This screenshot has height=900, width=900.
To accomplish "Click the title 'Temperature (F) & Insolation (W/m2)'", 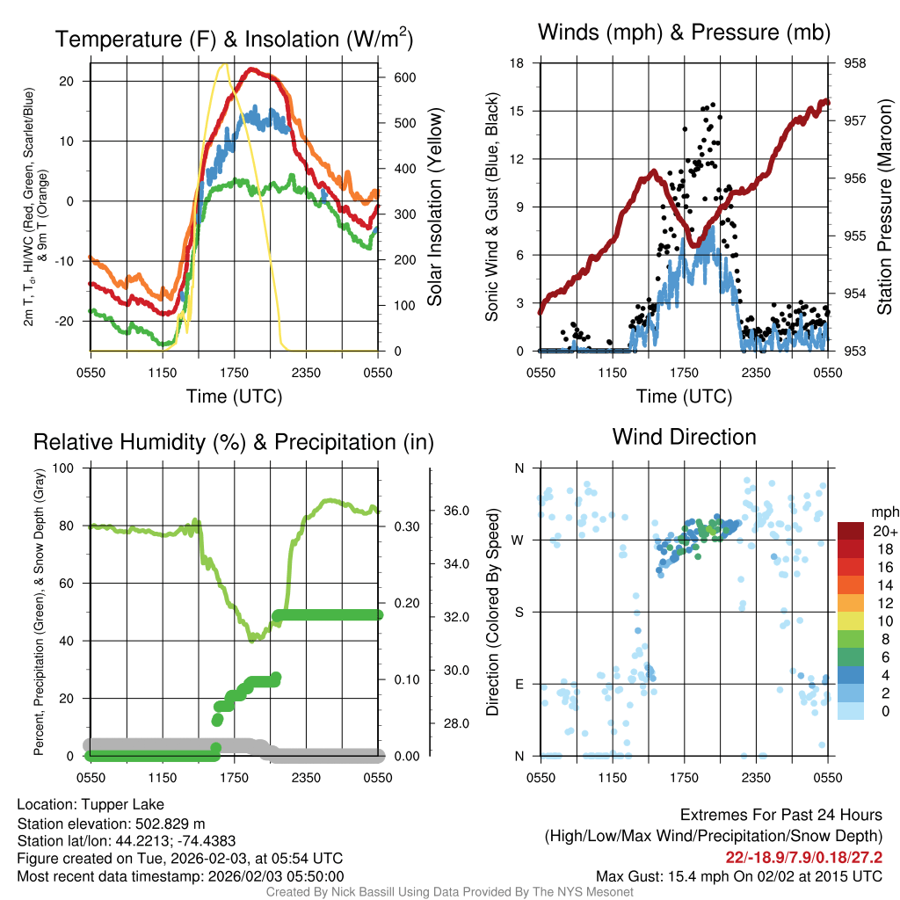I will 234,39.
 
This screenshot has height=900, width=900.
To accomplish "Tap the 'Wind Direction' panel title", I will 684,436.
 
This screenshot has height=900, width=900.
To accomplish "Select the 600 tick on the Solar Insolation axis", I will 404,77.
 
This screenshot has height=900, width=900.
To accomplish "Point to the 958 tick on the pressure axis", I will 853,63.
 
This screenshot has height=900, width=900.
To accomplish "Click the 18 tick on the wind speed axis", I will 517,63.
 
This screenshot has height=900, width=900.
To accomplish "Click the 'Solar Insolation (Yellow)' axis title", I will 434,207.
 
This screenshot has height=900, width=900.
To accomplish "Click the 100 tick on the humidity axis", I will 69,468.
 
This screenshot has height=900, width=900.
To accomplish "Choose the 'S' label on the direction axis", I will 519,612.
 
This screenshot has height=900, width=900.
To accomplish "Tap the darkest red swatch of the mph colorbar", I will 851,531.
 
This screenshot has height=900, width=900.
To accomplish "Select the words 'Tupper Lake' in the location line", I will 120,804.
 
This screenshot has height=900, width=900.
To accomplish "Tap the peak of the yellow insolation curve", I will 225,64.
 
